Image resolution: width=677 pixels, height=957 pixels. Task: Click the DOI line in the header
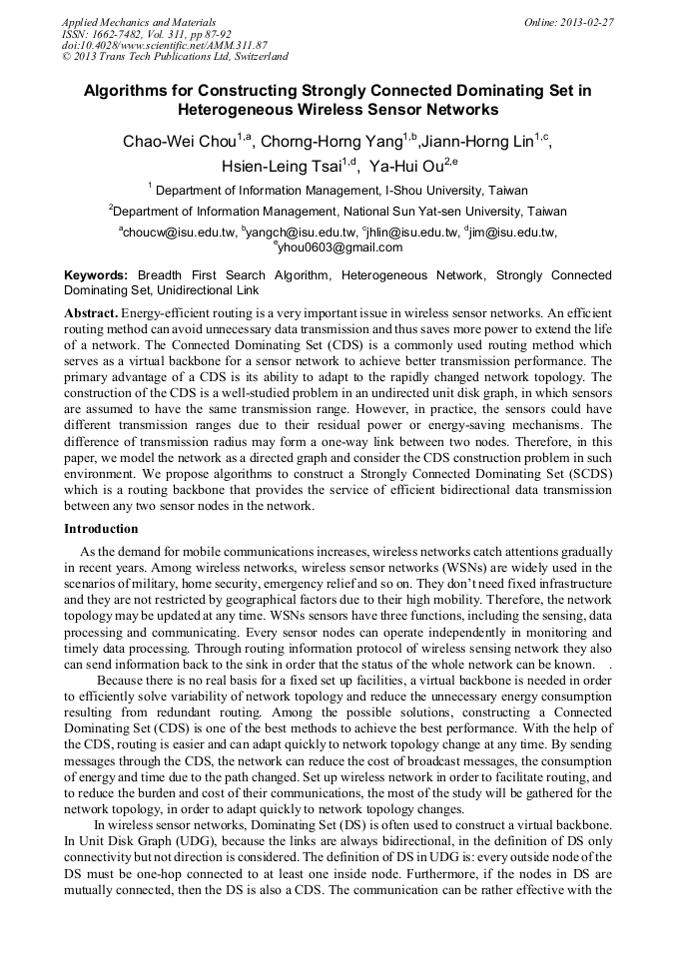point(165,45)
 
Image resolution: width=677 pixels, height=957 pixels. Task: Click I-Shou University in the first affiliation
point(427,190)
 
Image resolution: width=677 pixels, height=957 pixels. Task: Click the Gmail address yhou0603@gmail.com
point(339,247)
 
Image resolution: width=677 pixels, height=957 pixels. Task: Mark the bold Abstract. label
point(90,313)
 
